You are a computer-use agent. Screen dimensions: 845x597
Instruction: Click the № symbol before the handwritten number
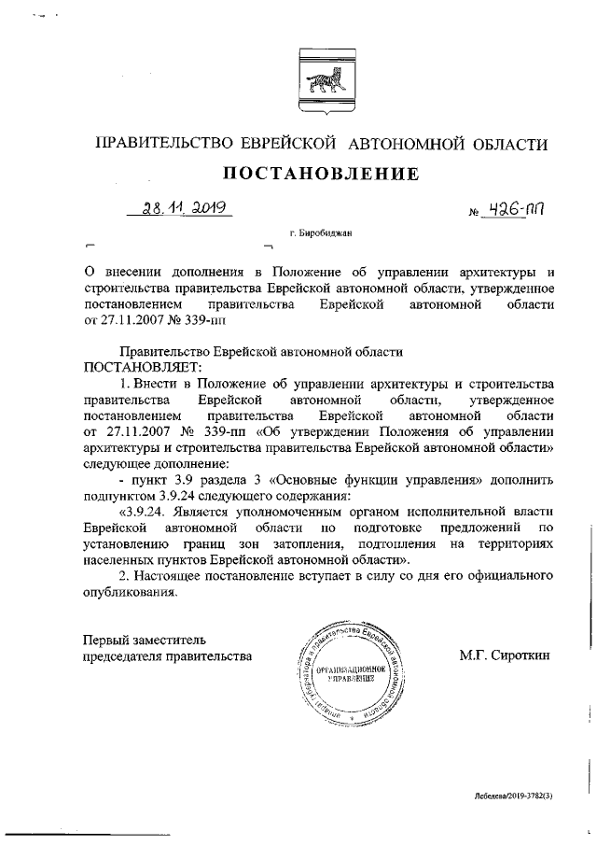pos(473,214)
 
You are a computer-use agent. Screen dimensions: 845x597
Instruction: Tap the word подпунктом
pos(121,495)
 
